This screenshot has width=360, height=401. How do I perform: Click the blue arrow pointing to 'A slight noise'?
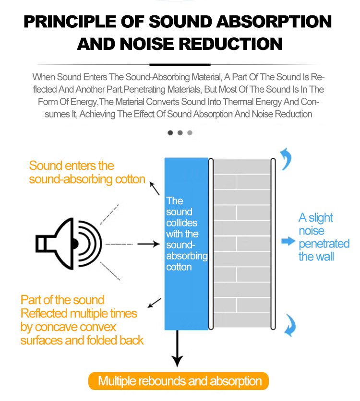[288, 241]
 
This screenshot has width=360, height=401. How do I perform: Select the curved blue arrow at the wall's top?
[286, 159]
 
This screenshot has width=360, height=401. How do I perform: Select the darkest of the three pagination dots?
[170, 133]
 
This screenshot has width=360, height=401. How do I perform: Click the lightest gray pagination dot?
[190, 133]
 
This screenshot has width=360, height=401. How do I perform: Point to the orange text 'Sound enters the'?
[72, 166]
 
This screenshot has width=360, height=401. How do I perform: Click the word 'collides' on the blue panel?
[181, 223]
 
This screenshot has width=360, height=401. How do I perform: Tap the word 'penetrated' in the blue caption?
[324, 244]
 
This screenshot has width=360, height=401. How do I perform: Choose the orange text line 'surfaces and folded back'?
[82, 341]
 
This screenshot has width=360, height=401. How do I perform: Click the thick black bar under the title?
[180, 64]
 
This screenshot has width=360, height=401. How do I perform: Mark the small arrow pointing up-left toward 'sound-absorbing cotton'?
[155, 188]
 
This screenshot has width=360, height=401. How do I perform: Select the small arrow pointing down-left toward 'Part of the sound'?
[154, 302]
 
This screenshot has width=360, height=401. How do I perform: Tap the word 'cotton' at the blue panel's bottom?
[179, 267]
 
